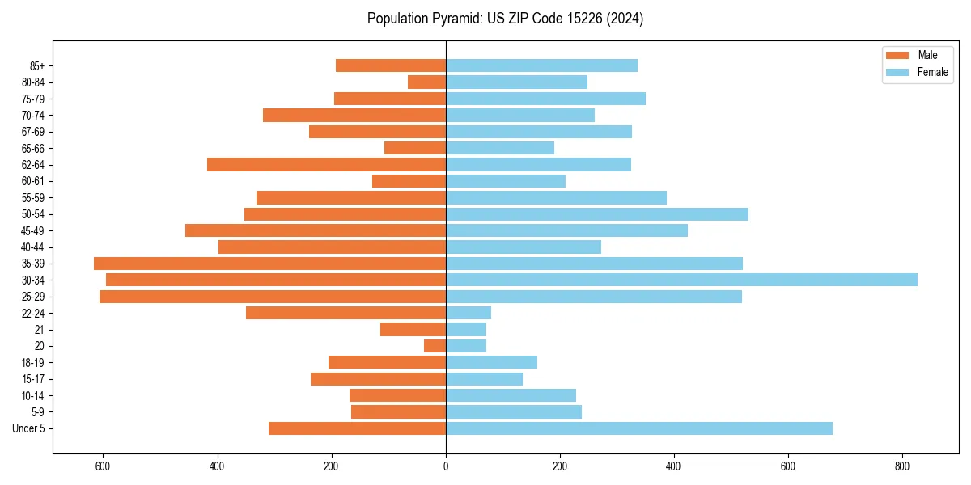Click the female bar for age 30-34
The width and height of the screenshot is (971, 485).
(x=681, y=280)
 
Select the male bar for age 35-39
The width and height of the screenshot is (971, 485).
(x=269, y=264)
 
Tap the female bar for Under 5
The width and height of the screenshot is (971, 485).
(x=639, y=428)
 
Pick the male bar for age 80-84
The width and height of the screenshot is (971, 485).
(x=426, y=82)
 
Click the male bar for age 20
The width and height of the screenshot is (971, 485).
(x=435, y=346)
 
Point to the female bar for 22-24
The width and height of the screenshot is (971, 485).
(x=469, y=313)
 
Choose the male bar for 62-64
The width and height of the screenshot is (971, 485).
(x=326, y=164)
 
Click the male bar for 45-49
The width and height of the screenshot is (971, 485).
(x=316, y=230)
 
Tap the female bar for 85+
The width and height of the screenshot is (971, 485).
(x=541, y=65)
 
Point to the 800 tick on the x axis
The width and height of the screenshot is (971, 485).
(x=903, y=466)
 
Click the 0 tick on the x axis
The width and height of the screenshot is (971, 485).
(x=446, y=466)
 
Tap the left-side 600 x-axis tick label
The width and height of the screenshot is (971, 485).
(x=103, y=466)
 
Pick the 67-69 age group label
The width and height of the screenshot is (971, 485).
(x=32, y=132)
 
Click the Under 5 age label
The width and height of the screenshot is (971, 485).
(x=28, y=428)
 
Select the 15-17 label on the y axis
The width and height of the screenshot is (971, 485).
(x=32, y=379)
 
